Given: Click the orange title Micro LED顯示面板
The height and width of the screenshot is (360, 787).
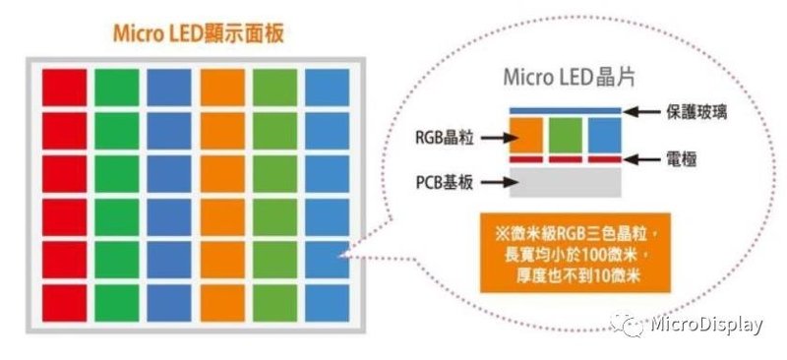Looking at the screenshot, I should pos(200,32).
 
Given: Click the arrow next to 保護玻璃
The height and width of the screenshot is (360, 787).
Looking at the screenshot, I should pos(642,110).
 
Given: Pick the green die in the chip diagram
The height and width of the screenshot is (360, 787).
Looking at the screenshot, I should pos(566,134).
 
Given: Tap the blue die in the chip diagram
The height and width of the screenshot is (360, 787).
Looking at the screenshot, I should pos(604,134).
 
